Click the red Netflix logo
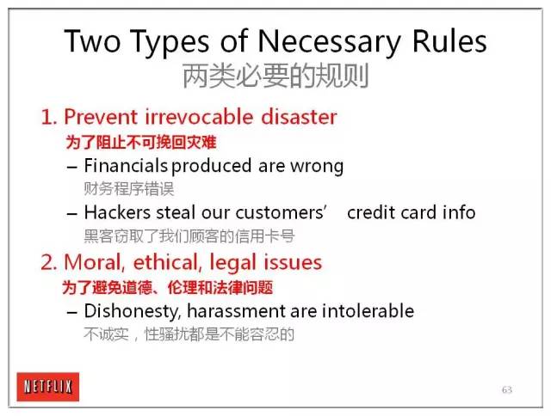click(x=48, y=387)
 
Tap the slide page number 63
click(x=507, y=389)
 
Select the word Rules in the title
click(x=449, y=40)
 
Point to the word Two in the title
click(x=92, y=40)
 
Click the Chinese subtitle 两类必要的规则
click(x=275, y=76)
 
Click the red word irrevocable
click(x=199, y=116)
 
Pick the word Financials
click(x=126, y=165)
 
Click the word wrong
click(x=317, y=167)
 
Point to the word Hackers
click(x=117, y=212)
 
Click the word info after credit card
click(x=459, y=212)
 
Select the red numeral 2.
click(x=48, y=262)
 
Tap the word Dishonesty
click(x=133, y=311)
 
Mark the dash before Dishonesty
click(x=72, y=312)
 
